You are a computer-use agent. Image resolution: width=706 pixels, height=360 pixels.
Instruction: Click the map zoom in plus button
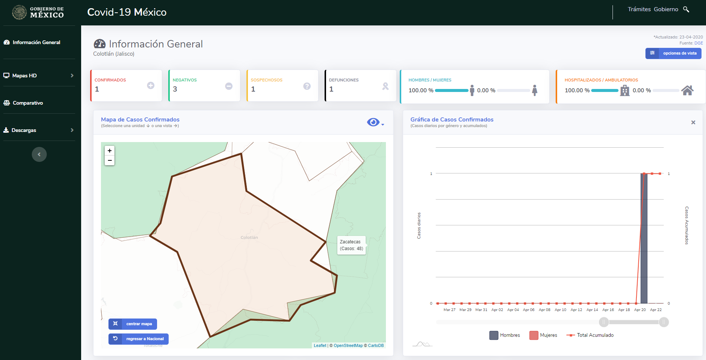point(110,151)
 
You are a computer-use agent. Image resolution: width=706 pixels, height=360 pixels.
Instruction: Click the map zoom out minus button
point(110,160)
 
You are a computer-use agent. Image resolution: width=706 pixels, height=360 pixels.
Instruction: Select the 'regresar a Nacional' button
point(138,339)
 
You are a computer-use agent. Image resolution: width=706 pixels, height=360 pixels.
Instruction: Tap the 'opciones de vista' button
point(673,53)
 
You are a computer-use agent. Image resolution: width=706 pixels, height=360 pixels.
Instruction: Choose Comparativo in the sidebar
point(23,103)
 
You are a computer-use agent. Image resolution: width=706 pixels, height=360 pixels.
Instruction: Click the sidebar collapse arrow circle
point(39,154)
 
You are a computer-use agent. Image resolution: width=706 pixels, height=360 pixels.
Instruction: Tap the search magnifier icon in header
point(686,9)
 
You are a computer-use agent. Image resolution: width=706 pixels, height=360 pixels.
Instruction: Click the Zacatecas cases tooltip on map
point(351,245)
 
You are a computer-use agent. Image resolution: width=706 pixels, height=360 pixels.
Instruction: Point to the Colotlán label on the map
point(249,237)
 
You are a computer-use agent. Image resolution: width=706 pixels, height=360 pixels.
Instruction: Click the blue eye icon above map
point(373,122)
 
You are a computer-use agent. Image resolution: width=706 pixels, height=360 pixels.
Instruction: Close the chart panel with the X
point(693,122)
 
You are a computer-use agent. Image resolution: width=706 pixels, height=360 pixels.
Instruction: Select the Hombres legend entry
point(504,335)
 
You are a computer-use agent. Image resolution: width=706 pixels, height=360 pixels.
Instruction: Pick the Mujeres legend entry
point(543,335)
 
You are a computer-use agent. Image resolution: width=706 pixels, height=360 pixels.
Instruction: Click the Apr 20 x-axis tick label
point(640,310)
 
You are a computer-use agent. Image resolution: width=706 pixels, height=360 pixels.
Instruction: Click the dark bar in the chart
point(644,238)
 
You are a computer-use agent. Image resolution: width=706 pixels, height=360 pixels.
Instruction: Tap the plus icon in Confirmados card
point(151,86)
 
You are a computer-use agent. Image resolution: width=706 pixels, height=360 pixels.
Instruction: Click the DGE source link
point(699,43)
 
